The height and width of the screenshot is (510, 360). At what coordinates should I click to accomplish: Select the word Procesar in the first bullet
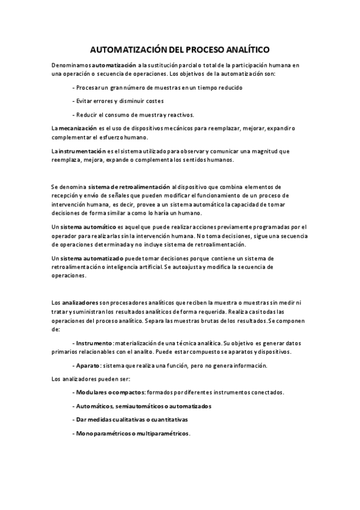tap(89, 87)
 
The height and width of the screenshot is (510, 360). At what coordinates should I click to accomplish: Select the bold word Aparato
tap(88, 366)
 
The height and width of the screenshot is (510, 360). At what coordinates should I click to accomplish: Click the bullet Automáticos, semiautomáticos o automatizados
tap(143, 406)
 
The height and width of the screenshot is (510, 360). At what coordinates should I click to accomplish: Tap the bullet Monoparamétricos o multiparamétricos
tap(132, 433)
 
